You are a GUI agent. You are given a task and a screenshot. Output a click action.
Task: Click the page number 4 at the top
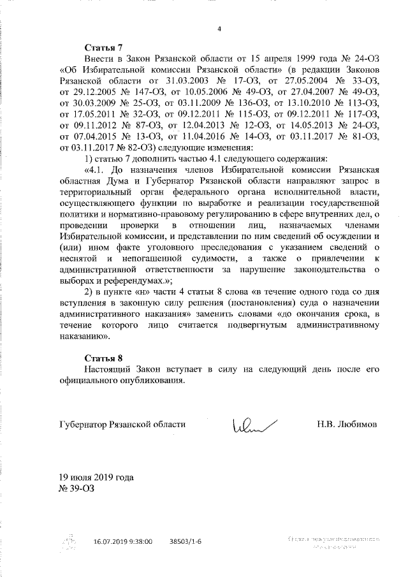[x=219, y=28]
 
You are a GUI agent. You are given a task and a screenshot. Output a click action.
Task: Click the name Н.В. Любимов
[x=347, y=423]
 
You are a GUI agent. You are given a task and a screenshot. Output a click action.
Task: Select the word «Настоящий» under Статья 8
[x=109, y=369]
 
